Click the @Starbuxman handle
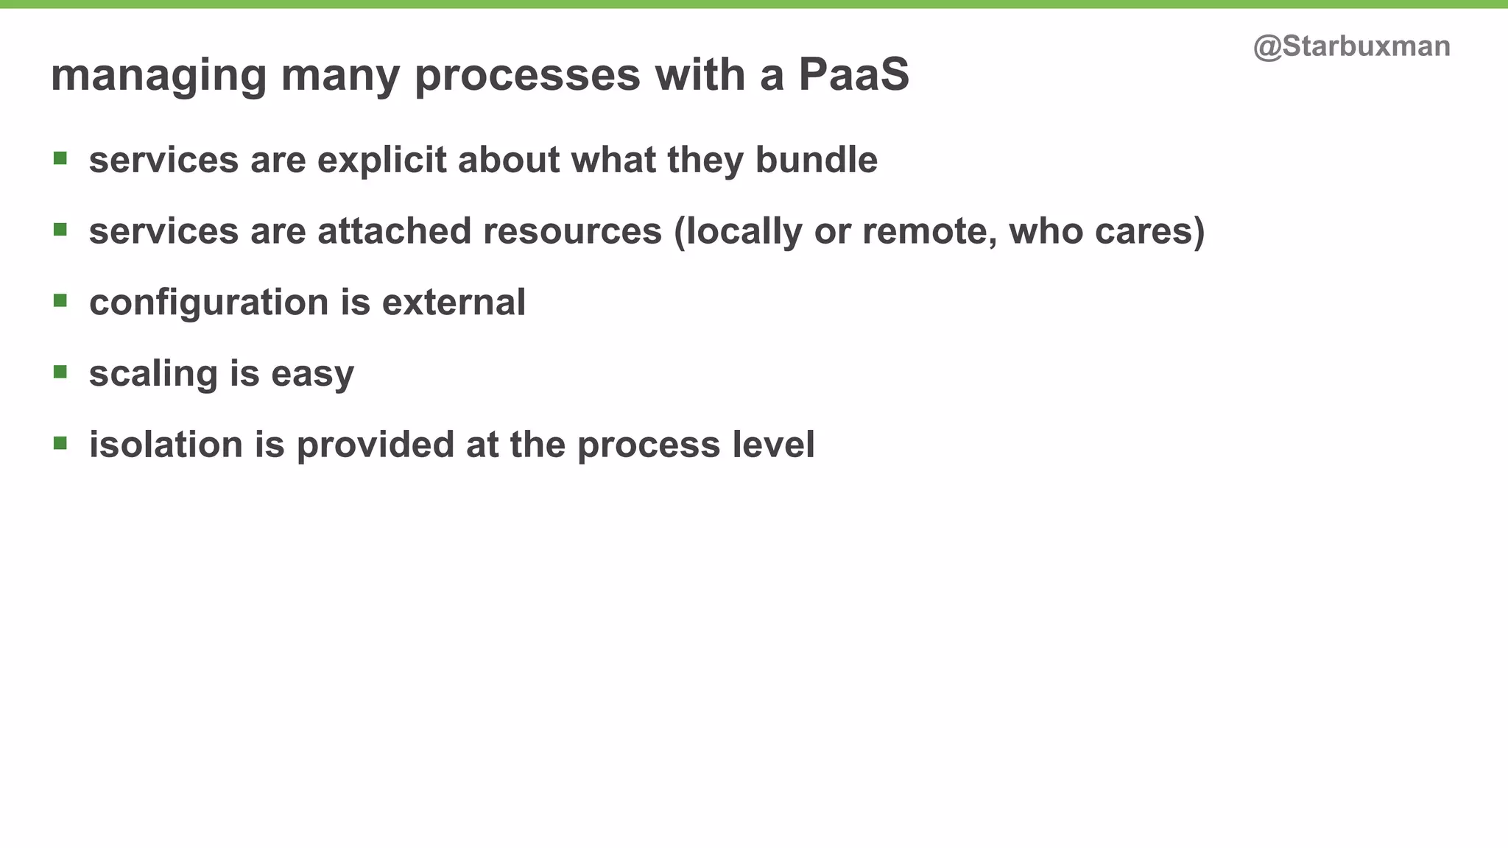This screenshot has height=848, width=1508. (x=1351, y=46)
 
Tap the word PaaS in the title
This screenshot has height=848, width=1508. (x=853, y=75)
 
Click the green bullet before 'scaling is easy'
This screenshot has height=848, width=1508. (x=60, y=372)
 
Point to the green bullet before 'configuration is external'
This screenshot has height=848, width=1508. (x=60, y=300)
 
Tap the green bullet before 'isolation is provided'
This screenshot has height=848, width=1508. (x=60, y=443)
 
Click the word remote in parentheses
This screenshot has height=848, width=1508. (x=929, y=231)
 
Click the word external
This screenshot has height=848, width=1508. (x=454, y=303)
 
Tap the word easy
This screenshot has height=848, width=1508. (x=312, y=375)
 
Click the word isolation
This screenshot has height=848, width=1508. (x=166, y=445)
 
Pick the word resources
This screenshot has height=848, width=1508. (x=572, y=231)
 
